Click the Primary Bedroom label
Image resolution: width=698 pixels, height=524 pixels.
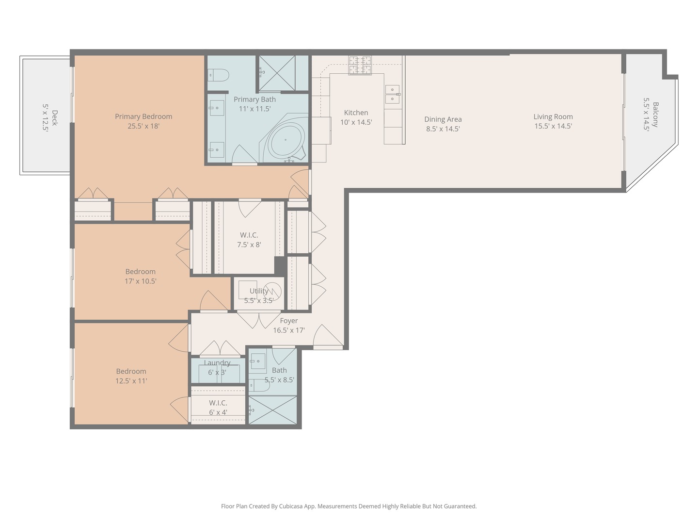(x=143, y=116)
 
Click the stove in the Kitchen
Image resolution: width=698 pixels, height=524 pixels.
(x=360, y=65)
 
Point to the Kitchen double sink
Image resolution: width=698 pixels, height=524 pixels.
(x=392, y=95)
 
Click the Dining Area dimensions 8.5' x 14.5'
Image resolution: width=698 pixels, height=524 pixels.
(x=443, y=129)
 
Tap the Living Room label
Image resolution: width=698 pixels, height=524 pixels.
(x=553, y=116)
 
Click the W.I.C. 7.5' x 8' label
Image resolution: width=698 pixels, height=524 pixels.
(x=249, y=240)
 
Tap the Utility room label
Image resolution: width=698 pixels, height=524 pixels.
(x=259, y=291)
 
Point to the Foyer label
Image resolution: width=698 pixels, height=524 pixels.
(x=289, y=321)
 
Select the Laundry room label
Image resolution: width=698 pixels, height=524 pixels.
(x=217, y=363)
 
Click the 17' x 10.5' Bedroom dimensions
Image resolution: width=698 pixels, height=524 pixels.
(x=141, y=281)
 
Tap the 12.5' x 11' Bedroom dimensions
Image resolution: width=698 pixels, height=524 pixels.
(x=131, y=381)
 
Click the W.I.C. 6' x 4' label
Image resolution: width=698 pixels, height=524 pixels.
(x=218, y=408)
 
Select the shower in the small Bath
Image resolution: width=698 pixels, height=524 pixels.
(x=272, y=410)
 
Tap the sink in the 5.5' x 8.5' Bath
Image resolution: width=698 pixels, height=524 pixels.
(x=258, y=361)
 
